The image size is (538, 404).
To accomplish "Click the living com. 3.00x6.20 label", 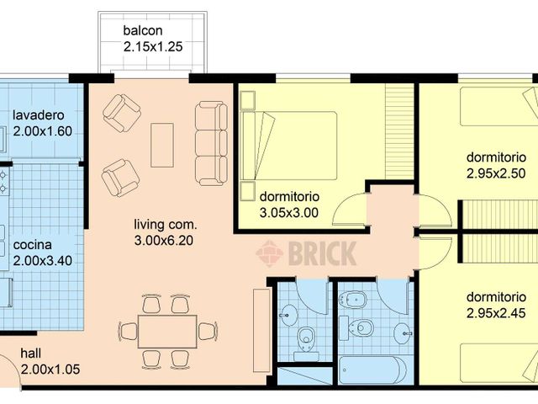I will point(166,232).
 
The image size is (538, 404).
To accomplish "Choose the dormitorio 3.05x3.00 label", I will point(288,205).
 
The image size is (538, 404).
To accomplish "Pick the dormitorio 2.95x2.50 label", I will point(496,165).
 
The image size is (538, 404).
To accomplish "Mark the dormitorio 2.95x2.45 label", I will point(496,306).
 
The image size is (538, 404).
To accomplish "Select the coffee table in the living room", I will point(161,145).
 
